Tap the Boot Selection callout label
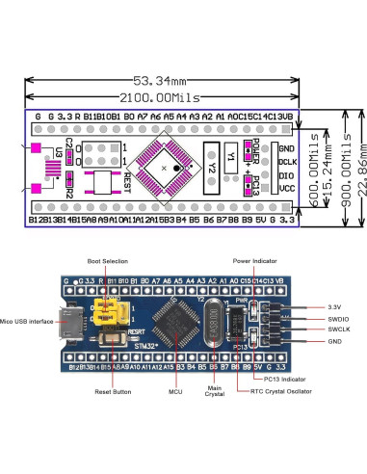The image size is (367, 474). tap(107, 261)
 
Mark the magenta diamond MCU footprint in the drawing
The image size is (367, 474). tap(166, 169)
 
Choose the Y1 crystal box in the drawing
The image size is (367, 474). tap(231, 155)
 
